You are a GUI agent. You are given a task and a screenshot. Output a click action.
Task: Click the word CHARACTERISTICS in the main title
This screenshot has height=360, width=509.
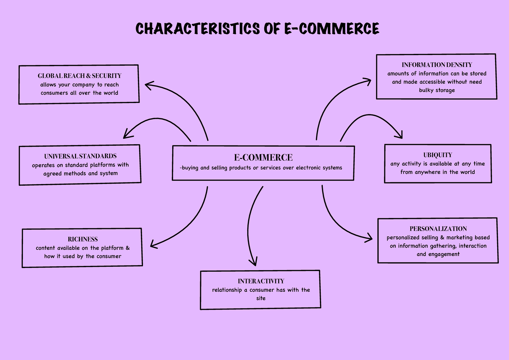pyautogui.click(x=196, y=28)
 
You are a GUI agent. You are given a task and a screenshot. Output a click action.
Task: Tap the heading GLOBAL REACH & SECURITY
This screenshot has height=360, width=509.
pyautogui.click(x=79, y=76)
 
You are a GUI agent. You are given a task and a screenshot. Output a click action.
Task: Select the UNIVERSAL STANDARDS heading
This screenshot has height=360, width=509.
pyautogui.click(x=80, y=156)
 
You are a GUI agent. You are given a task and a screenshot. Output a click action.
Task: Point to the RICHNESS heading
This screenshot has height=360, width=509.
pyautogui.click(x=83, y=239)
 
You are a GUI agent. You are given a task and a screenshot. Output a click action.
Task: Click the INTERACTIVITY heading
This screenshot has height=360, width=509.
pyautogui.click(x=261, y=281)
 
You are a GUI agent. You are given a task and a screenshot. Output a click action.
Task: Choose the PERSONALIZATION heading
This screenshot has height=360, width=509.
pyautogui.click(x=438, y=229)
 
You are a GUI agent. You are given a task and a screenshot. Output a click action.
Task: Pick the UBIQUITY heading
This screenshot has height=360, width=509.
pyautogui.click(x=437, y=155)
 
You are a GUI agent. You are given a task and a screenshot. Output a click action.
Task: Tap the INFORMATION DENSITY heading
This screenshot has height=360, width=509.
pyautogui.click(x=437, y=65)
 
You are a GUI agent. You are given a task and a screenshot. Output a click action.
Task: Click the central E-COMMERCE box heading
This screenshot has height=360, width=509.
pyautogui.click(x=263, y=157)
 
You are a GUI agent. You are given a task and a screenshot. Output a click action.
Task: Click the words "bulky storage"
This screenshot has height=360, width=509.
pyautogui.click(x=437, y=90)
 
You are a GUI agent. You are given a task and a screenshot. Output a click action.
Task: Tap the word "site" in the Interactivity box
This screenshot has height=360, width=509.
pyautogui.click(x=261, y=298)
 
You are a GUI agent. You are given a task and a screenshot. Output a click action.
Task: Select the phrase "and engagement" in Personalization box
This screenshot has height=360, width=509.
pyautogui.click(x=438, y=254)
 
